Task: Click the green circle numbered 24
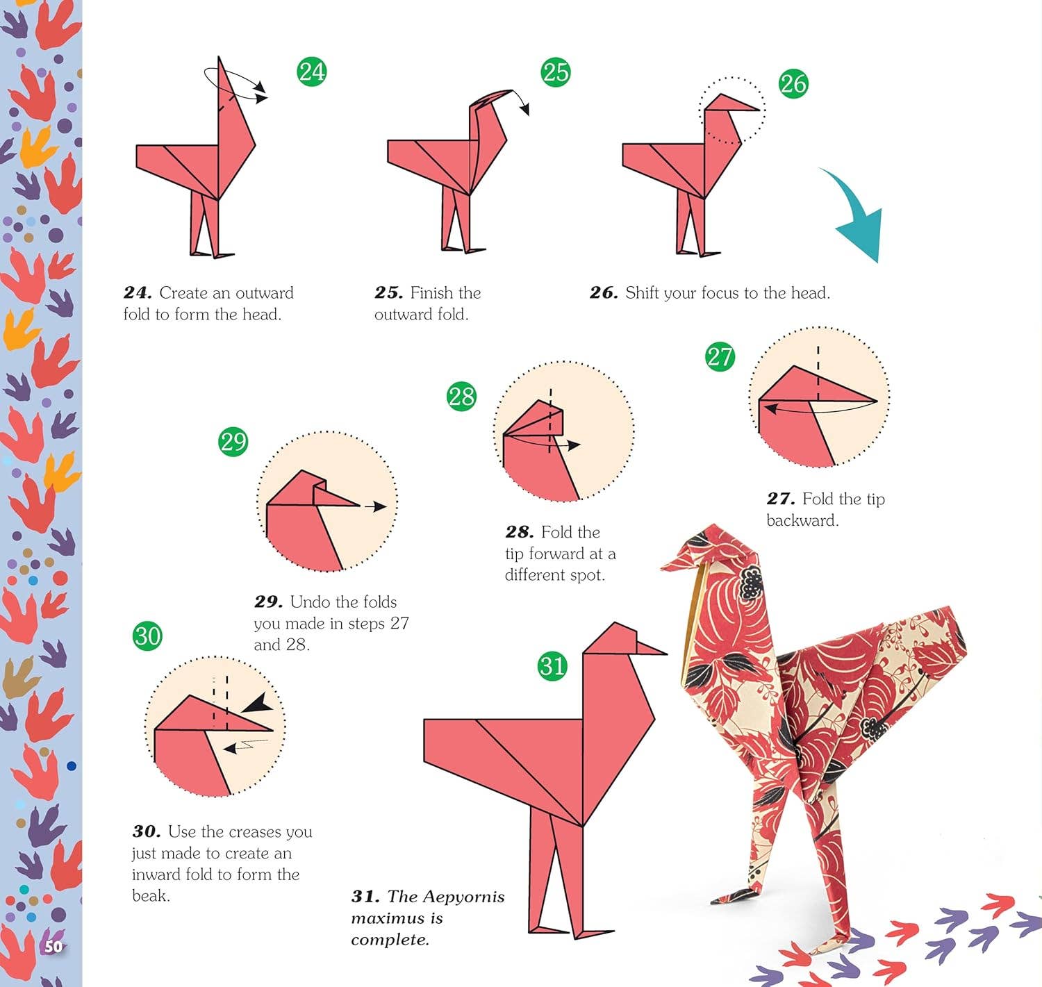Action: pyautogui.click(x=312, y=72)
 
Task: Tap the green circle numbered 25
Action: pyautogui.click(x=556, y=72)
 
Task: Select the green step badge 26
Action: pyautogui.click(x=793, y=83)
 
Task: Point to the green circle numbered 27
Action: pyautogui.click(x=720, y=356)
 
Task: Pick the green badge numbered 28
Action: pyautogui.click(x=461, y=396)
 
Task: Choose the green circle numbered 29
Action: pyautogui.click(x=233, y=442)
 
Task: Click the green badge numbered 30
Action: pyautogui.click(x=147, y=636)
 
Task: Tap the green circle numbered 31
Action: pyautogui.click(x=553, y=666)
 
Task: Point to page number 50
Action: pyautogui.click(x=53, y=947)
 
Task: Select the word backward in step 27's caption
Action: pyautogui.click(x=802, y=520)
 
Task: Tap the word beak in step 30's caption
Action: pyautogui.click(x=151, y=896)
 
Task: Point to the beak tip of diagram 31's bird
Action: pyautogui.click(x=667, y=654)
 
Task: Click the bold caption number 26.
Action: pyautogui.click(x=604, y=292)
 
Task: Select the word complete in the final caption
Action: pyautogui.click(x=390, y=940)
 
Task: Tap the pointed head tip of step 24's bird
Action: pyautogui.click(x=219, y=56)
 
